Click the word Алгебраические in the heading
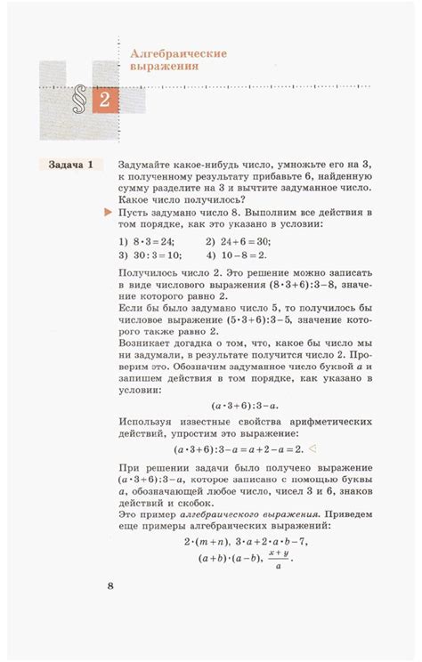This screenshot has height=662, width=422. [x=179, y=52]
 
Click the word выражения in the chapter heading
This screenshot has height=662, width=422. [x=164, y=66]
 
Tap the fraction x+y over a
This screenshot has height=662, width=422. [x=280, y=558]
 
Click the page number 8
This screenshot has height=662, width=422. [x=110, y=585]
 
